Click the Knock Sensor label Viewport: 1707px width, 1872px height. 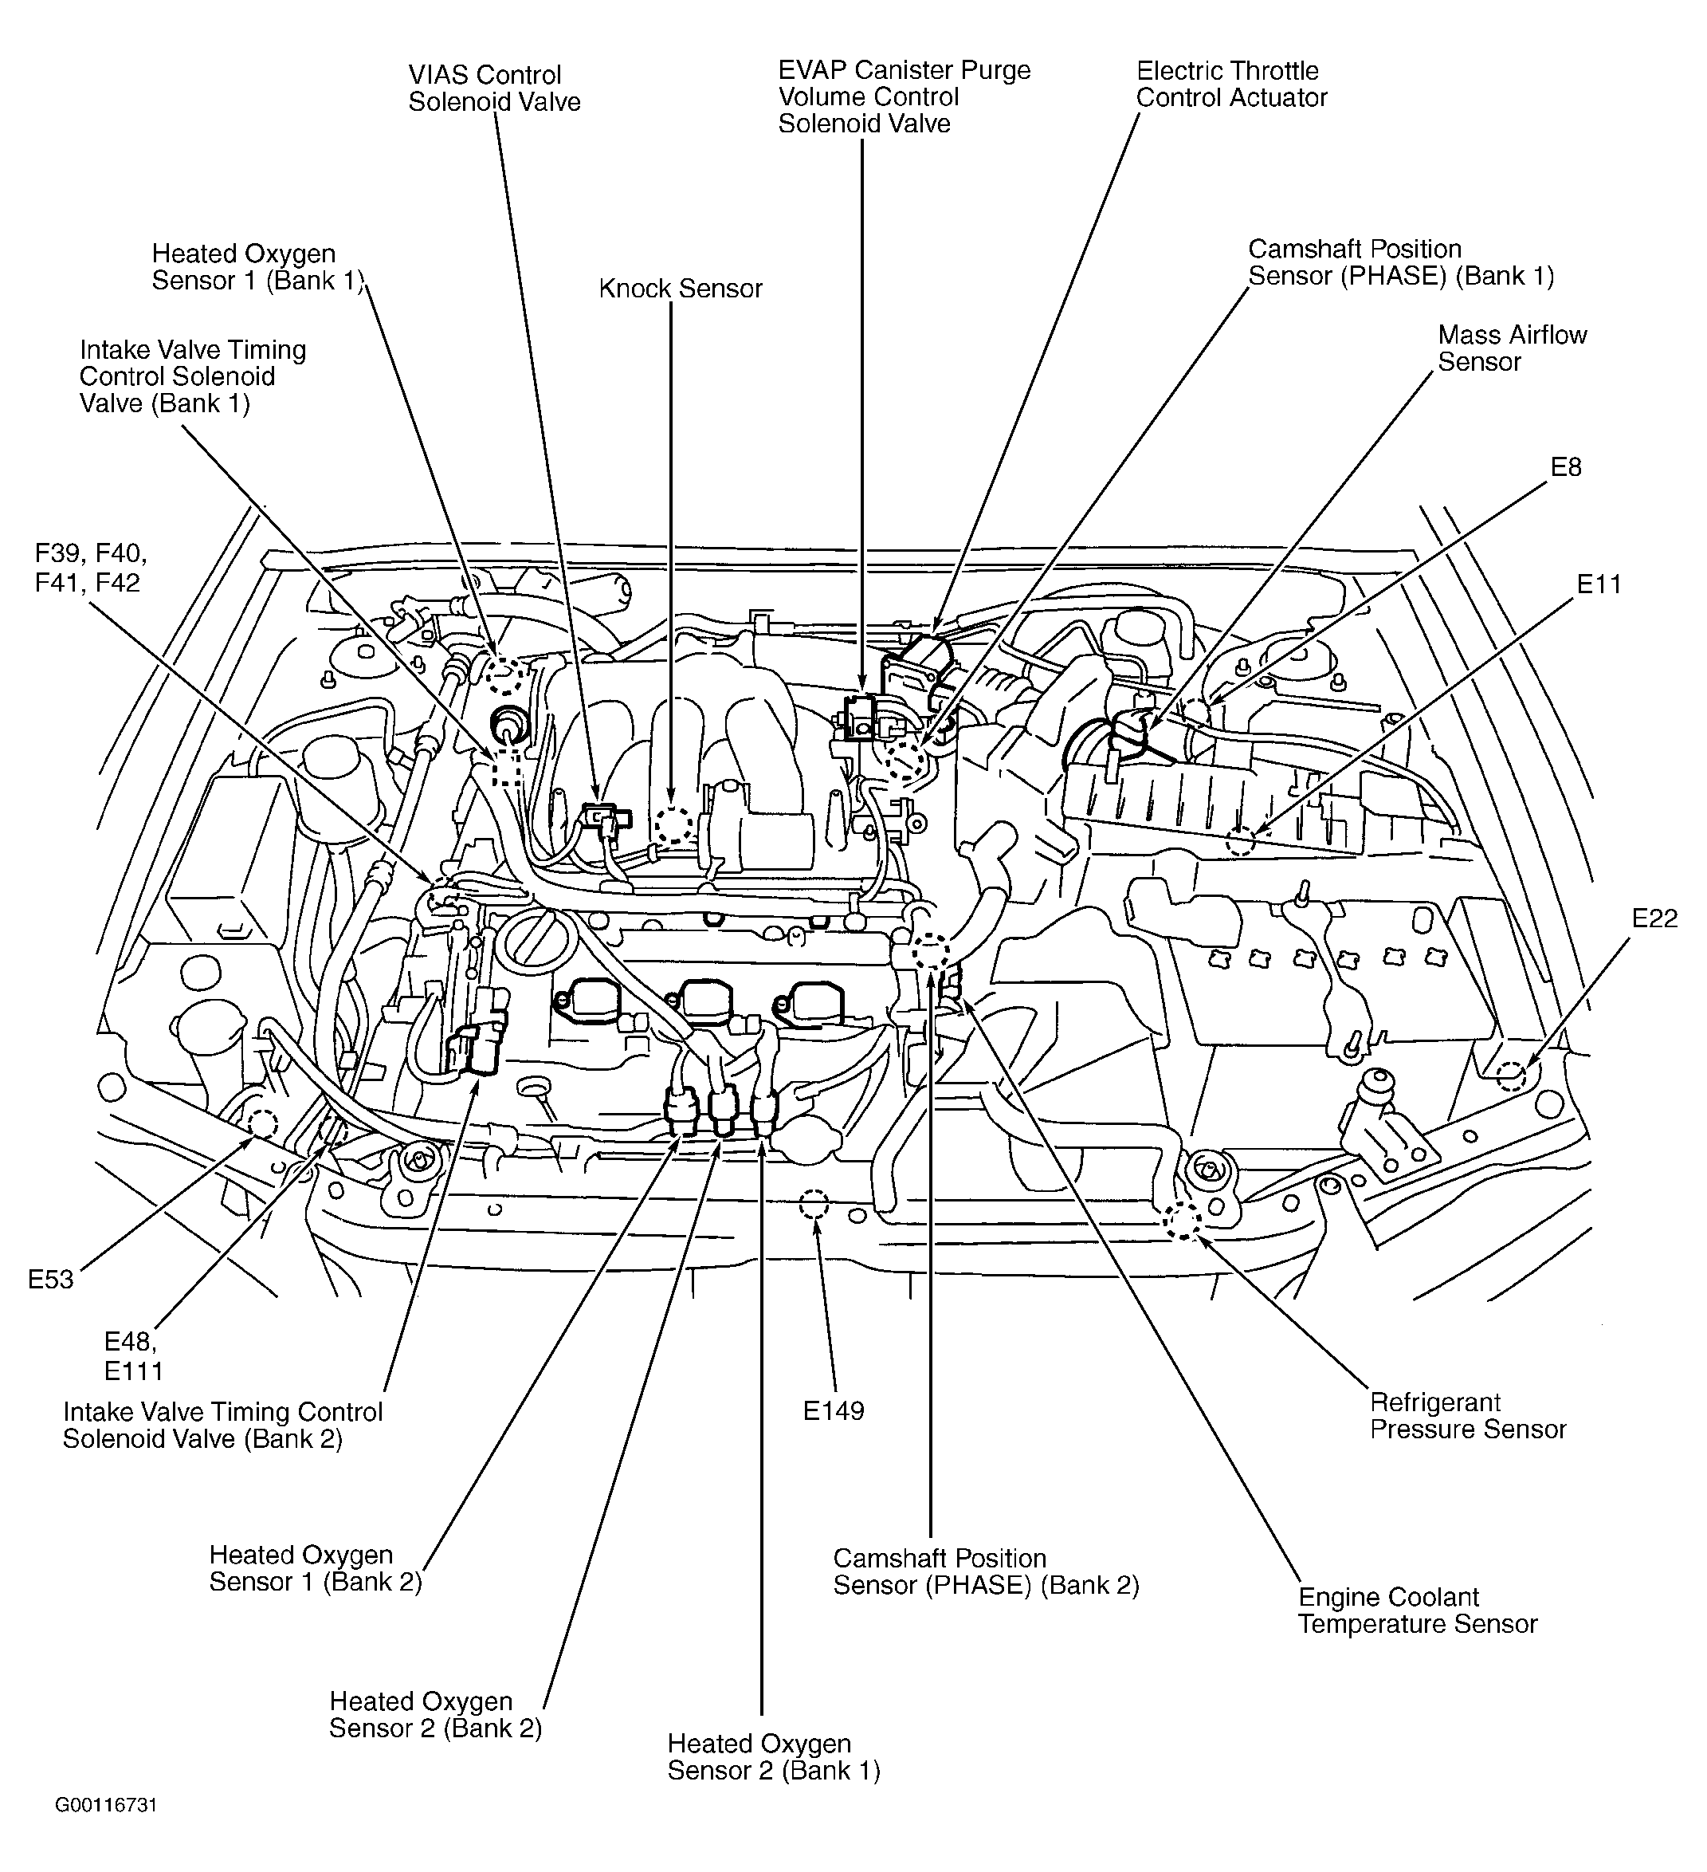(680, 289)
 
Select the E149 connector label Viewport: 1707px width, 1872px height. (833, 1410)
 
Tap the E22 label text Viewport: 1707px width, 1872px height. (1654, 918)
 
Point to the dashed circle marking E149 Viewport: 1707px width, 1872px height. (812, 1205)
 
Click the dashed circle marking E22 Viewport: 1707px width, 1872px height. (1511, 1076)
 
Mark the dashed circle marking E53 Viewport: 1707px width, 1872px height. (261, 1124)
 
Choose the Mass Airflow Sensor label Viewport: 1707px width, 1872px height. (1511, 348)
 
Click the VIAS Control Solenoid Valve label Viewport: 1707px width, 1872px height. (494, 88)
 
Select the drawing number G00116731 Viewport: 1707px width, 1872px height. (106, 1805)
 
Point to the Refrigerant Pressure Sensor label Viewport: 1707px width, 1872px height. (1467, 1415)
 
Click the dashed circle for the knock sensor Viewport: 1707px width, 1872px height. (673, 824)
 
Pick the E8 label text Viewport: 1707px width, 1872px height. (1566, 467)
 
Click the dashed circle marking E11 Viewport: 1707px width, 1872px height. (1240, 841)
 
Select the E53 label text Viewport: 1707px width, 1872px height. (50, 1280)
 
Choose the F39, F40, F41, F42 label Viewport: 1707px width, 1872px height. (90, 568)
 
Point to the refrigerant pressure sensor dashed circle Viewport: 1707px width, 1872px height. (1183, 1222)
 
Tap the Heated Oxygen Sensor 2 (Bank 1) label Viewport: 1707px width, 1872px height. (773, 1757)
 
